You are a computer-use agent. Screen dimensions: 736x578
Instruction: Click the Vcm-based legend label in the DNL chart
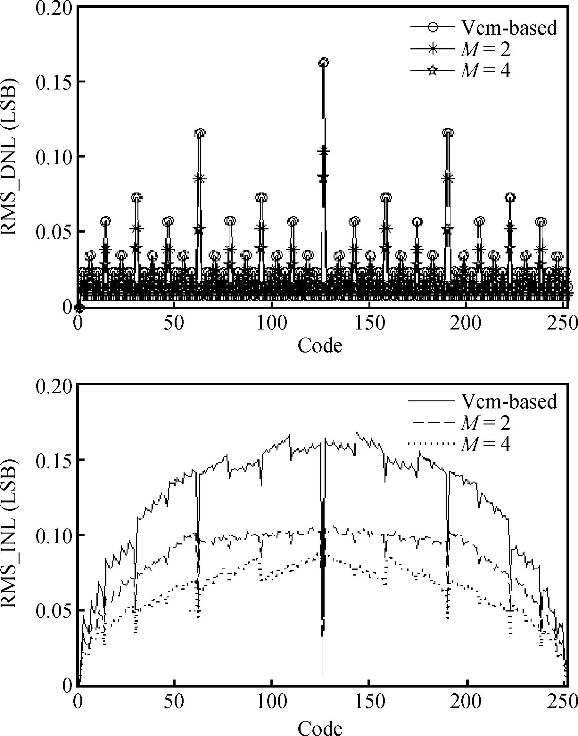tap(509, 28)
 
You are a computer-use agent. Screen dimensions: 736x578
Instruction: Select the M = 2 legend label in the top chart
tap(485, 49)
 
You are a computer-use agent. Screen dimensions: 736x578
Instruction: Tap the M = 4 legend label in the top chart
tap(485, 71)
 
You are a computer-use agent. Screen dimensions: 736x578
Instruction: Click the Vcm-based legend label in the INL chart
tap(509, 402)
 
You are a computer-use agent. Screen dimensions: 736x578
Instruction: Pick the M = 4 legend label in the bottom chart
tap(485, 444)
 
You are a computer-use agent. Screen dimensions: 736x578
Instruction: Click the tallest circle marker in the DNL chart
tap(324, 62)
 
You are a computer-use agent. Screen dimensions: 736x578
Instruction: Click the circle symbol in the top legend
tap(433, 28)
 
